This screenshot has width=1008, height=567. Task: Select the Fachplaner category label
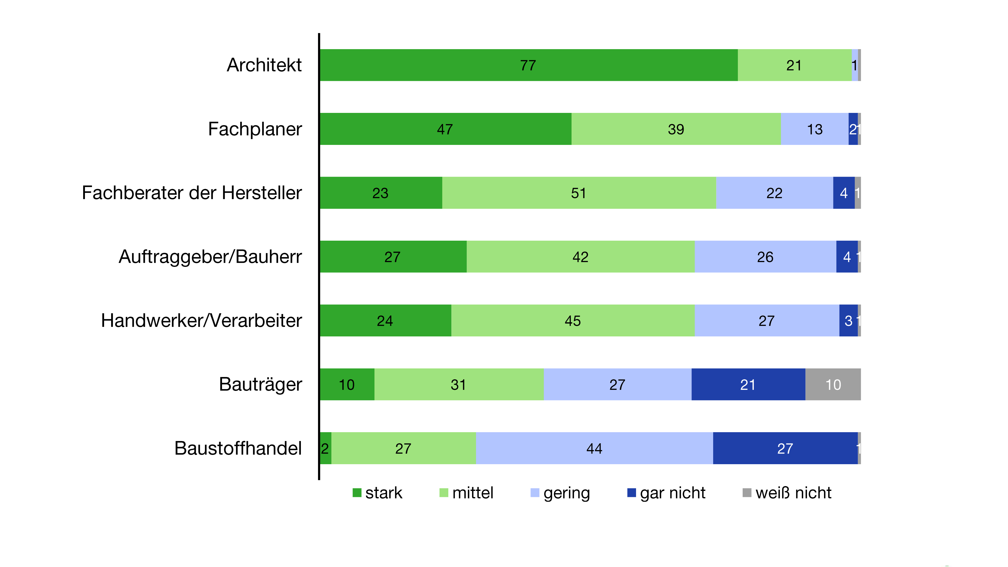click(x=255, y=129)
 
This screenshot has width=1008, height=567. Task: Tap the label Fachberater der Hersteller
click(x=192, y=193)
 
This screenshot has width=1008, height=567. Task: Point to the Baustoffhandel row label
click(x=238, y=449)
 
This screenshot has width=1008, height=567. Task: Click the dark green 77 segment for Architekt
click(x=528, y=65)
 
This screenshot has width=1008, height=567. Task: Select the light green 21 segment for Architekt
click(x=794, y=65)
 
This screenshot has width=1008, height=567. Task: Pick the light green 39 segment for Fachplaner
click(x=676, y=129)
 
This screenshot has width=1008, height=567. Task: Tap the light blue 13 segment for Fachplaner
click(x=815, y=129)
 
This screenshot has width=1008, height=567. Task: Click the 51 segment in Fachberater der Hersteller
click(x=579, y=193)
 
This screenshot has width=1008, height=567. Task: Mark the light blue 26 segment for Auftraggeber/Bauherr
click(x=765, y=257)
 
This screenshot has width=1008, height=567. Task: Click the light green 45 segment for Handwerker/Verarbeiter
click(x=573, y=321)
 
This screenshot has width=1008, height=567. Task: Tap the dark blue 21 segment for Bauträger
click(x=748, y=384)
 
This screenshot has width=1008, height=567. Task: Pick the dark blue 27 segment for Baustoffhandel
click(x=785, y=449)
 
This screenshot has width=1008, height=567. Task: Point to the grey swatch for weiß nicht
click(x=747, y=493)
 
